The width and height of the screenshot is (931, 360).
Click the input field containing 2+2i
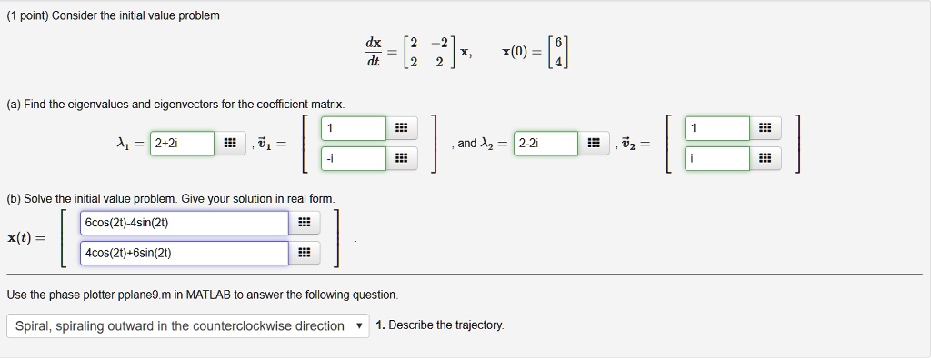[x=182, y=144]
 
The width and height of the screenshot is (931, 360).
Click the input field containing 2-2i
[x=545, y=144]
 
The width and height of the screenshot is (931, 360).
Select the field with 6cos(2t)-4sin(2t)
[x=185, y=223]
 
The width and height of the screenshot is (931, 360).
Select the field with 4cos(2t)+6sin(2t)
[x=185, y=253]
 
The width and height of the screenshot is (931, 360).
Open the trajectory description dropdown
[x=187, y=325]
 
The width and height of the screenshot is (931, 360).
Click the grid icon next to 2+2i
[x=229, y=144]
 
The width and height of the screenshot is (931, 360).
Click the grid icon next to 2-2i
[x=593, y=144]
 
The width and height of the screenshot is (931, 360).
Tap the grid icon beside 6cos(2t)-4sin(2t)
[x=304, y=224]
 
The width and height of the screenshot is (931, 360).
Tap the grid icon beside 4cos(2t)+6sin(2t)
[x=304, y=254]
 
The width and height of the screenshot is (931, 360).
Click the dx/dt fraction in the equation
[x=374, y=52]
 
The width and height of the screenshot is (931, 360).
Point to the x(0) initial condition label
[x=519, y=52]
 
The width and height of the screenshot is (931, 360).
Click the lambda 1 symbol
[x=124, y=144]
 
